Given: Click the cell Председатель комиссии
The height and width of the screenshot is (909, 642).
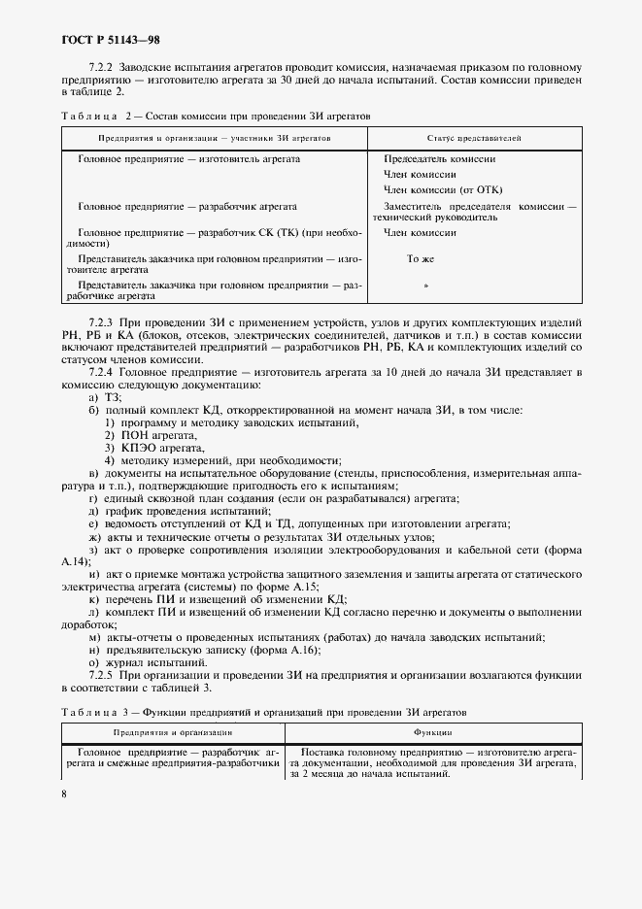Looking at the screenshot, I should (439, 158).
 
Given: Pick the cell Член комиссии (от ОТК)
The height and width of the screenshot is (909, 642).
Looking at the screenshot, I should (443, 189).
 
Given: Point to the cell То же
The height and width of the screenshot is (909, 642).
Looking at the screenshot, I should (421, 259).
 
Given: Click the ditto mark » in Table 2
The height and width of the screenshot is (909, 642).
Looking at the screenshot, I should (426, 286).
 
